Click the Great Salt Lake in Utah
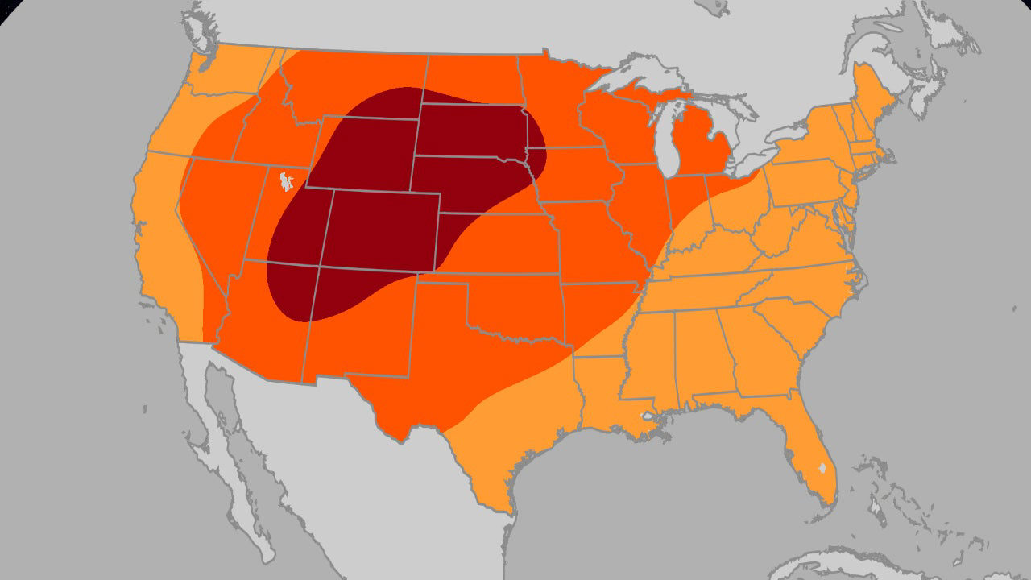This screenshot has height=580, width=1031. click(x=284, y=182)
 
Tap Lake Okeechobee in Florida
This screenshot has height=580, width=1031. click(x=822, y=467)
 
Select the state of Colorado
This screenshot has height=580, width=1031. click(x=380, y=230)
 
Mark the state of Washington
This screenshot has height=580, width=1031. click(x=230, y=72)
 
